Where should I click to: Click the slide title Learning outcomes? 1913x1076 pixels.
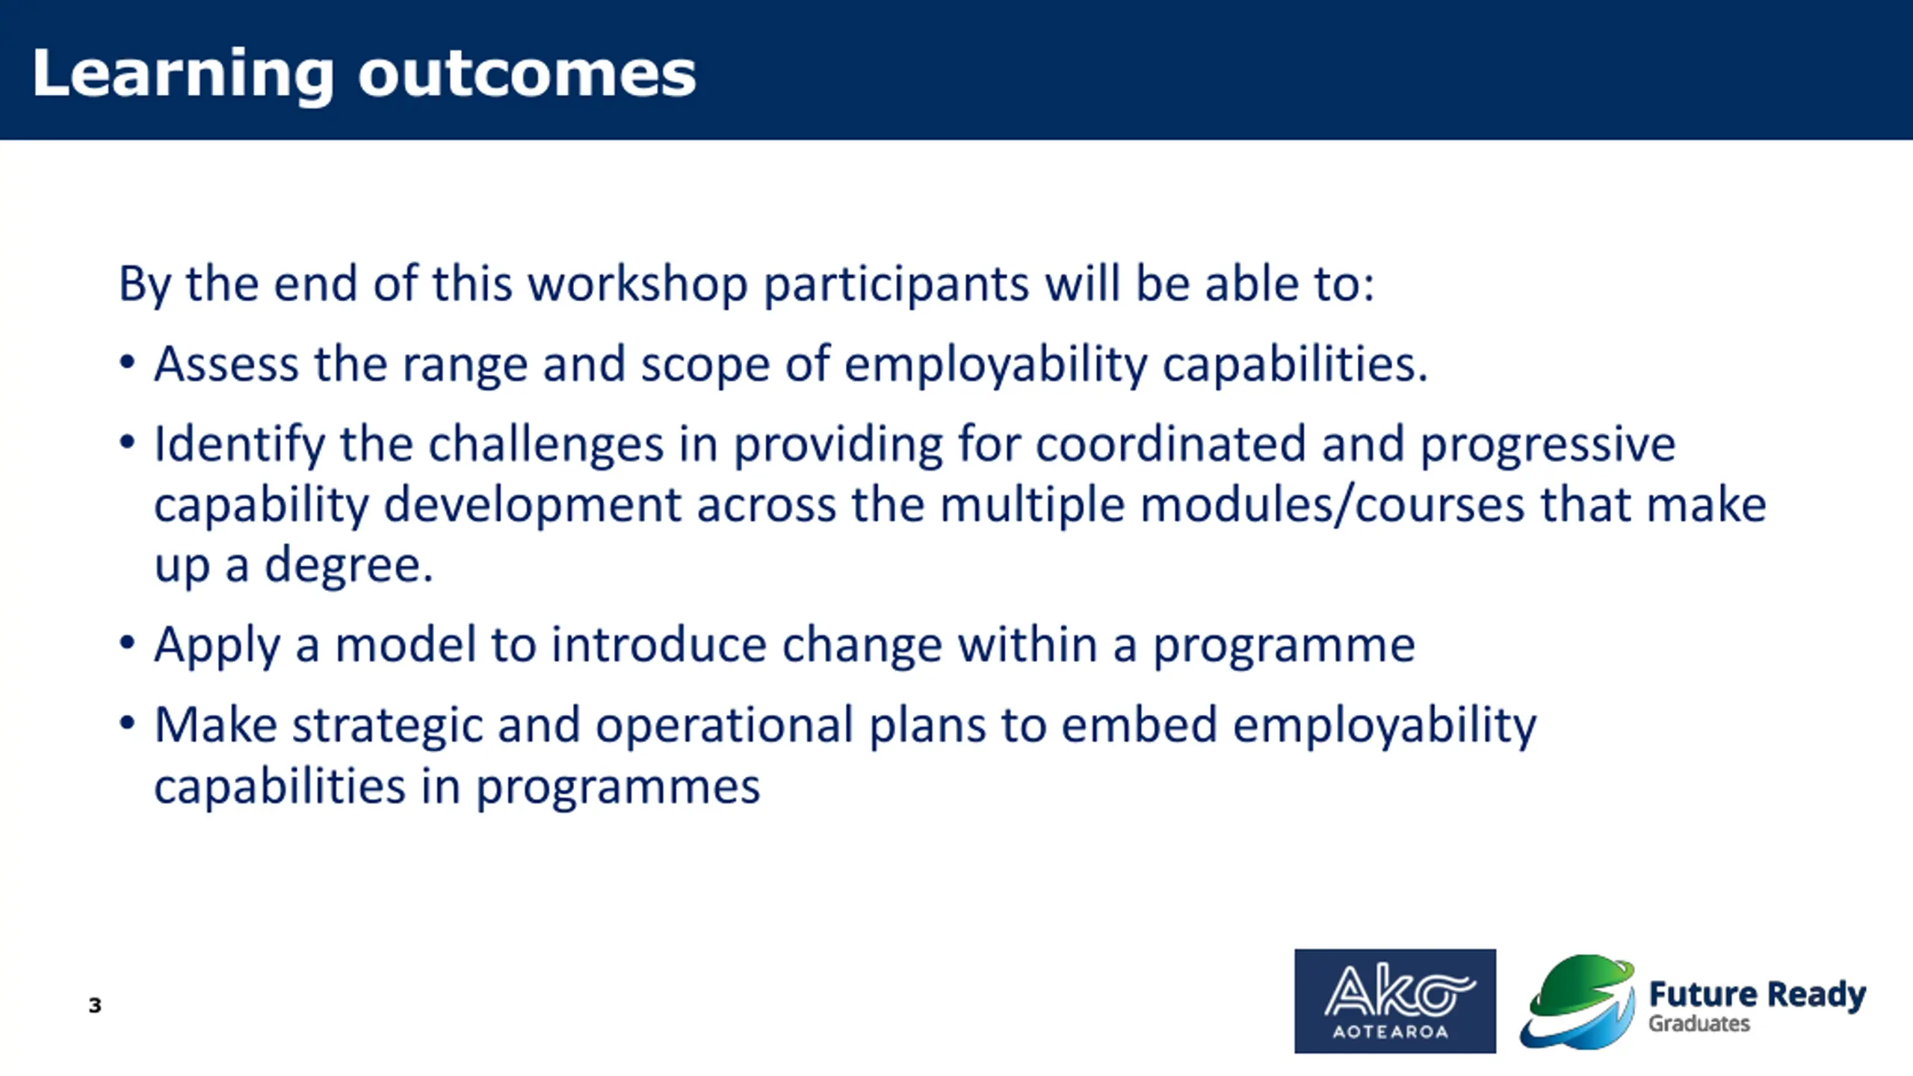coord(364,74)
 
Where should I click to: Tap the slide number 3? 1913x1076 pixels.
coord(95,1005)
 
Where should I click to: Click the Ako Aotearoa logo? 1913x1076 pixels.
coord(1395,1001)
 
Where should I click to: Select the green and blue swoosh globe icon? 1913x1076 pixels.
coord(1578,1002)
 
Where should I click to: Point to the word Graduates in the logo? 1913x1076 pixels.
coord(1699,1024)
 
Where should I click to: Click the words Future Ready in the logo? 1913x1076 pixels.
coord(1758,995)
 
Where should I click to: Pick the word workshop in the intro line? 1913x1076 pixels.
coord(638,285)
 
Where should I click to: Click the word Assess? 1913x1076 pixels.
coord(226,364)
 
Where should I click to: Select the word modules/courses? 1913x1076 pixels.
coord(1332,504)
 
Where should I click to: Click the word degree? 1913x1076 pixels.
coord(348,565)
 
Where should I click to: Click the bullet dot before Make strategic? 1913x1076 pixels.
coord(127,723)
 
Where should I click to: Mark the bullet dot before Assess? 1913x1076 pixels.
coord(127,362)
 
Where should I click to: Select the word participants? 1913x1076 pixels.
coord(897,285)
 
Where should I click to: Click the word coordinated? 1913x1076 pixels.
coord(1170,444)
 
